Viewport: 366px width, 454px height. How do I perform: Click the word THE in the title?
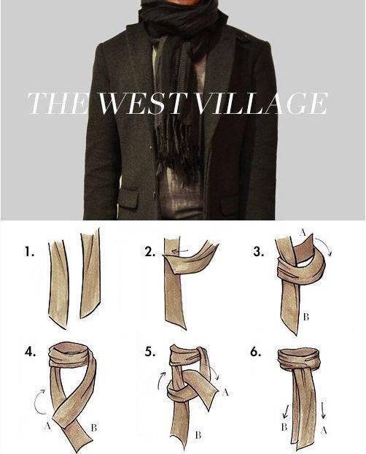click(x=58, y=104)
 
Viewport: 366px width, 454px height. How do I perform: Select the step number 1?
click(x=29, y=252)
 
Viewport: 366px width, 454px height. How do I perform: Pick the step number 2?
click(x=149, y=253)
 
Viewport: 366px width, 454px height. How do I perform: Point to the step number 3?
click(x=258, y=253)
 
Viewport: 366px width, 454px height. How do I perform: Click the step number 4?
click(x=30, y=352)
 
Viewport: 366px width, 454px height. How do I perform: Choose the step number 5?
click(x=149, y=352)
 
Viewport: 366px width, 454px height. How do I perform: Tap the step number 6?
click(x=256, y=352)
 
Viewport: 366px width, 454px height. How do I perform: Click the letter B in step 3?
click(x=305, y=317)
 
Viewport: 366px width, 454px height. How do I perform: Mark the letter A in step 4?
click(x=47, y=426)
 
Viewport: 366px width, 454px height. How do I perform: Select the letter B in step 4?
click(x=93, y=428)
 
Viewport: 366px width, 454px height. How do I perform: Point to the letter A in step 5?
click(x=225, y=392)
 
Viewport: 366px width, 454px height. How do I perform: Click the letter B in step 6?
click(x=284, y=427)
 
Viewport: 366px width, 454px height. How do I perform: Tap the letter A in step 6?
click(x=324, y=431)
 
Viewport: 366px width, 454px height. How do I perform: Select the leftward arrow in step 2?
click(x=179, y=251)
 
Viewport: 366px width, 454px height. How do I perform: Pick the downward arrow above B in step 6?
click(x=286, y=412)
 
